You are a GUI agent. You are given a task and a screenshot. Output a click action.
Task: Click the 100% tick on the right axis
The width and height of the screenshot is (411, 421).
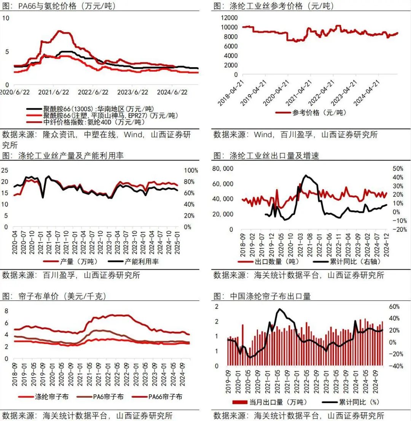pos(191,170)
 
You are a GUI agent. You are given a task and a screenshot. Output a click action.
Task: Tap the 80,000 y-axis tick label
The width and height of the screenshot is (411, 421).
pos(222,169)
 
